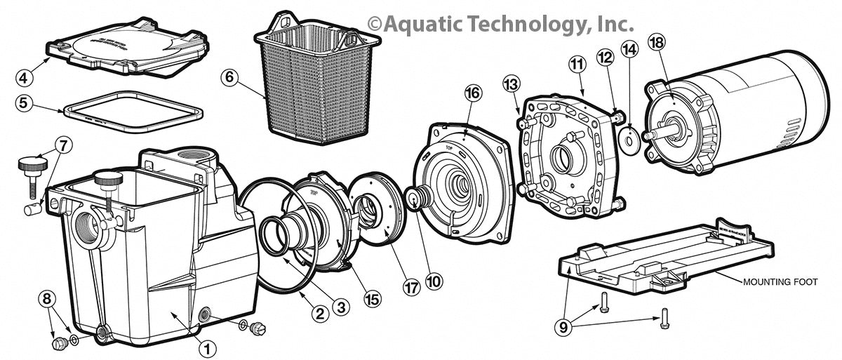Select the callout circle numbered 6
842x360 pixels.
pos(229,76)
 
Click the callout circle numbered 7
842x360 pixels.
pos(62,146)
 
